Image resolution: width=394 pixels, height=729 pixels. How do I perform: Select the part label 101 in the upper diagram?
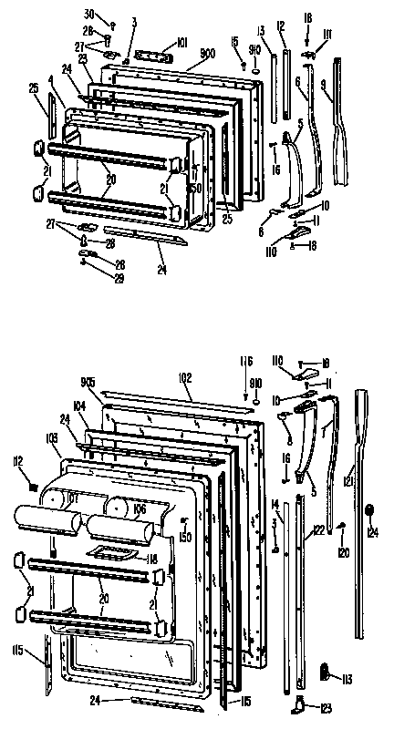[181, 41]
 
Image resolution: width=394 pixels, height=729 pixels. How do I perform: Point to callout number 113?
[348, 677]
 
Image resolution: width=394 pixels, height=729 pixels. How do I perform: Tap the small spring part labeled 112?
[35, 488]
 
